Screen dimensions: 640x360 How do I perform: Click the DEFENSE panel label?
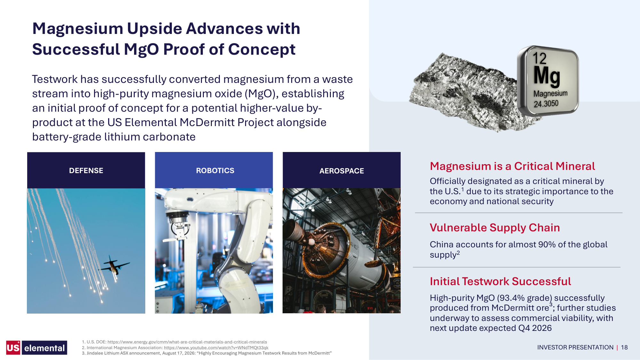[x=86, y=171]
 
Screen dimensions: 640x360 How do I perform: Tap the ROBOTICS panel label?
[x=215, y=171]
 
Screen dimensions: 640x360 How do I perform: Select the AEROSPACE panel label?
[x=341, y=171]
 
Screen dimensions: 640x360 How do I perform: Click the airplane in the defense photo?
[x=114, y=266]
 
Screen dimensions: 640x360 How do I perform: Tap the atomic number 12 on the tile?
[x=540, y=58]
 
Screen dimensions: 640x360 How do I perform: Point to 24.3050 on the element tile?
[x=546, y=104]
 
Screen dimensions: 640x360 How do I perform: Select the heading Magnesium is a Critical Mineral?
[x=512, y=166]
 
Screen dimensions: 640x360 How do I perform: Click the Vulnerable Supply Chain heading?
[x=495, y=228]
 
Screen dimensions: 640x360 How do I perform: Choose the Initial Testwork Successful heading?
[x=500, y=281]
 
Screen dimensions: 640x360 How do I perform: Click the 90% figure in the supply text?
[x=547, y=244]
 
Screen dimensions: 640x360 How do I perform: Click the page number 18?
[x=624, y=348]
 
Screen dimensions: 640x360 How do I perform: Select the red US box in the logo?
[x=13, y=348]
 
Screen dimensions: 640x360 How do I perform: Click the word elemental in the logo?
[x=44, y=348]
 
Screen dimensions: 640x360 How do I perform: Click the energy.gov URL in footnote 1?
[x=187, y=342]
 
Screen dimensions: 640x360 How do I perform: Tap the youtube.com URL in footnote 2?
[x=216, y=348]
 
